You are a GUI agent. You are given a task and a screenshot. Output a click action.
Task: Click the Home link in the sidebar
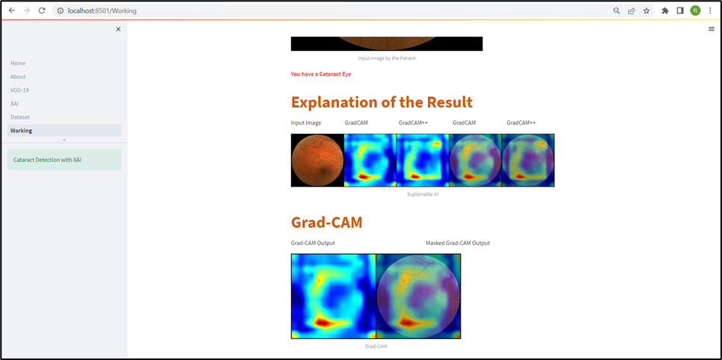pyautogui.click(x=18, y=63)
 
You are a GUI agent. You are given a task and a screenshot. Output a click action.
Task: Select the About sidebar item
pyautogui.click(x=18, y=76)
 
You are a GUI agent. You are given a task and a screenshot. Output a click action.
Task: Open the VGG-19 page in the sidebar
pyautogui.click(x=20, y=90)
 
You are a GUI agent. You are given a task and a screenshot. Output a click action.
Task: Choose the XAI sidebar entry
pyautogui.click(x=14, y=104)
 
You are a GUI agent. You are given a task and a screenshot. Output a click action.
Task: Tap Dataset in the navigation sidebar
pyautogui.click(x=20, y=117)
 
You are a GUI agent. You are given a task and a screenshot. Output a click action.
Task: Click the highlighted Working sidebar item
pyautogui.click(x=64, y=130)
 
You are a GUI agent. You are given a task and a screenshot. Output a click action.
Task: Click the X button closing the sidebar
pyautogui.click(x=118, y=29)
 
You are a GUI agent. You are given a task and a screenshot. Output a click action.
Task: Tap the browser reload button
pyautogui.click(x=42, y=10)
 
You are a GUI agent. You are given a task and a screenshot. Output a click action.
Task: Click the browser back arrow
pyautogui.click(x=12, y=10)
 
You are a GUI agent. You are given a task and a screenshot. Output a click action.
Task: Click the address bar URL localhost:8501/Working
pyautogui.click(x=102, y=10)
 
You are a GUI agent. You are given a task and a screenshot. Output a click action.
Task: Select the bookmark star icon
pyautogui.click(x=647, y=10)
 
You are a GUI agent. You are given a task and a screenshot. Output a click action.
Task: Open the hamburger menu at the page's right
pyautogui.click(x=712, y=29)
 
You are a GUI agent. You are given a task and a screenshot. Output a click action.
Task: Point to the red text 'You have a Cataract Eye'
pyautogui.click(x=321, y=74)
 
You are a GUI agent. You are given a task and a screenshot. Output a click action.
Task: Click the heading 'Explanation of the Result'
pyautogui.click(x=382, y=102)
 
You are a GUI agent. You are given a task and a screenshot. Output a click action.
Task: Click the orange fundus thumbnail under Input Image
pyautogui.click(x=317, y=160)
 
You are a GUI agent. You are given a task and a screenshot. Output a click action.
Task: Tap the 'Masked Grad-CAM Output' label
pyautogui.click(x=458, y=243)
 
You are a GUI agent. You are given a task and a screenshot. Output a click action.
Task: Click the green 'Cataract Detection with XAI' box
pyautogui.click(x=64, y=160)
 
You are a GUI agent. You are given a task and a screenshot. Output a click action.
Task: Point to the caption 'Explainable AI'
pyautogui.click(x=423, y=194)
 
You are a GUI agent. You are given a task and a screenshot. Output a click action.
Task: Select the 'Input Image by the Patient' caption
pyautogui.click(x=387, y=58)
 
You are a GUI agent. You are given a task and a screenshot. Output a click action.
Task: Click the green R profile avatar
pyautogui.click(x=695, y=10)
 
